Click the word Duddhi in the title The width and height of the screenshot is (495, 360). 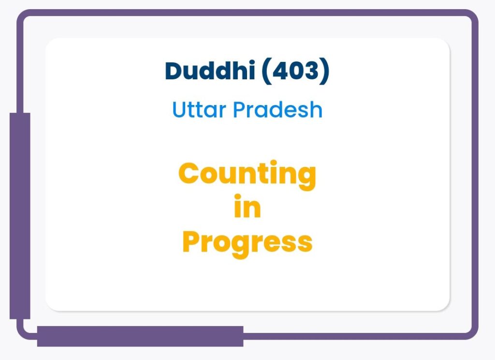[210, 70]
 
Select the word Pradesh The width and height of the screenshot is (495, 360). [278, 109]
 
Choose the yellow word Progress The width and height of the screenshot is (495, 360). [247, 244]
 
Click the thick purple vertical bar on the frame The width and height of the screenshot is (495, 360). [20, 216]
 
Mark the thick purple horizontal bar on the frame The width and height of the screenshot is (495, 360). [140, 336]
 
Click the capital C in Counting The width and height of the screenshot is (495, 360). [189, 173]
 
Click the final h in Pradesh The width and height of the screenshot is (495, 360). [316, 109]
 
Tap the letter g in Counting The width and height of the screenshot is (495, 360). [306, 178]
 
